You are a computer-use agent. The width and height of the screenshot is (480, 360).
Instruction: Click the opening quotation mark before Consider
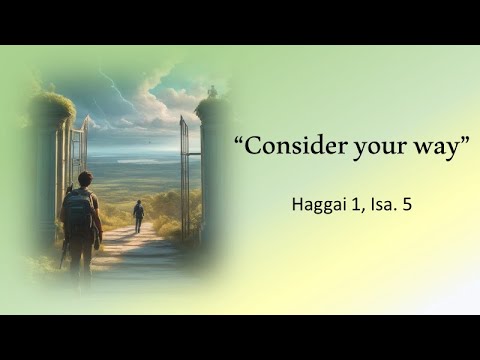coord(240,141)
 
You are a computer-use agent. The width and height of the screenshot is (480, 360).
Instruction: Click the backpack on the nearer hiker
coord(76,213)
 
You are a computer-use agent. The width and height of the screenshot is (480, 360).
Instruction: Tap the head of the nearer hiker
coord(84,180)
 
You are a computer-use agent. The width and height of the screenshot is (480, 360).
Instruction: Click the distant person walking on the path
coord(138,215)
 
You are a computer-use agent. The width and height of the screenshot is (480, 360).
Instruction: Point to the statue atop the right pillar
coord(212,91)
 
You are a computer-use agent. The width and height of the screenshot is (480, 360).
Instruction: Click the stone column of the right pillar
coord(212,170)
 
